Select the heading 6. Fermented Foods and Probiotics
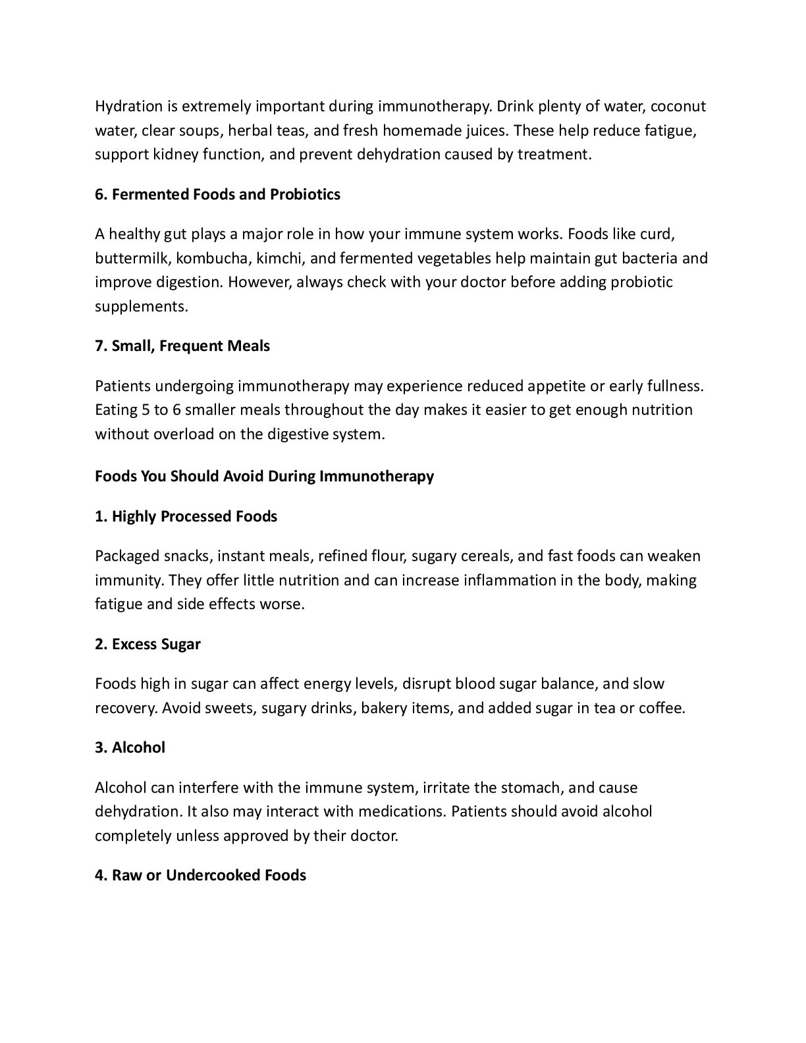coord(217,194)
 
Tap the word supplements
coord(141,306)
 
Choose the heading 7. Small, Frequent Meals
coord(182,346)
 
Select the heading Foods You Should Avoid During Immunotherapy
coord(264,475)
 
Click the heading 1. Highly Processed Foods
coord(186,516)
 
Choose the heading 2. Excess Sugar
coord(148,644)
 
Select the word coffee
coord(661,708)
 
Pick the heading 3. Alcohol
coord(130,747)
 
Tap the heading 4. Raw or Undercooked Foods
coord(200,875)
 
